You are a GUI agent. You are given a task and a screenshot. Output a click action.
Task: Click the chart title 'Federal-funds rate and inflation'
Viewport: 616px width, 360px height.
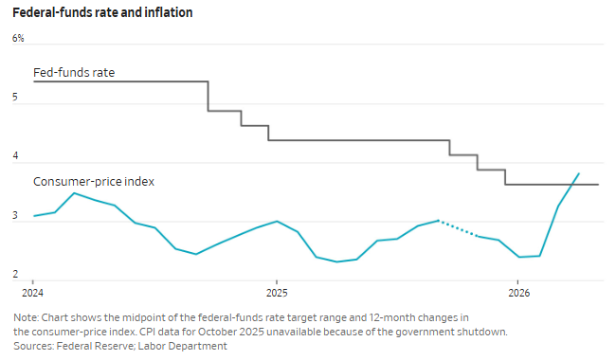pos(102,12)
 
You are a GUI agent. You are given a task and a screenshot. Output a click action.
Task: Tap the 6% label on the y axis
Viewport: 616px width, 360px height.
pos(18,38)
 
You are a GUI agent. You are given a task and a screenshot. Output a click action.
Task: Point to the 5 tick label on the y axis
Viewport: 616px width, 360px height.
pos(15,97)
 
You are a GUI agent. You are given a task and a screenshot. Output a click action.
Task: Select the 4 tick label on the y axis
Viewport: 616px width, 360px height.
pos(15,156)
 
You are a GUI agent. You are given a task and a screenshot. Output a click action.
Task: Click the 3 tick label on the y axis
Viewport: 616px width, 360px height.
pos(15,215)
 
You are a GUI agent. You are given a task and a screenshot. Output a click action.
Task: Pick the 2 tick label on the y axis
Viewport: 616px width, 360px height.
pos(15,274)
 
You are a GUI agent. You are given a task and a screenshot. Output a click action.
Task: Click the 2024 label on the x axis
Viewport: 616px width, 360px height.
pos(32,293)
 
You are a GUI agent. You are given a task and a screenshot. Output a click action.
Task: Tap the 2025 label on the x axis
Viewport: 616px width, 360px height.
pos(277,293)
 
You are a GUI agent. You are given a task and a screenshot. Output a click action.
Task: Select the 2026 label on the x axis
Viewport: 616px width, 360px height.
pos(519,293)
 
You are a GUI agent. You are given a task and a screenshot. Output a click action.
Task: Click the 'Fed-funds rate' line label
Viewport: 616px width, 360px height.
pos(74,73)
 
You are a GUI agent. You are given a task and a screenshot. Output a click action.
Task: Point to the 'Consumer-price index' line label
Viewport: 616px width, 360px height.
pos(94,181)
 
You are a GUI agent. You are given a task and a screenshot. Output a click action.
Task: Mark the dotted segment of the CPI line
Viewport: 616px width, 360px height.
pos(458,228)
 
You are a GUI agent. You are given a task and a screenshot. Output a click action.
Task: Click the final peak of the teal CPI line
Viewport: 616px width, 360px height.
pos(579,173)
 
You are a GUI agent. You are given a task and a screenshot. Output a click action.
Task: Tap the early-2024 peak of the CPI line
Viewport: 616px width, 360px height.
pos(74,193)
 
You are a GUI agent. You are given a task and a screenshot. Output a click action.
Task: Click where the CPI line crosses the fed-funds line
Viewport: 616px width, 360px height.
pos(572,184)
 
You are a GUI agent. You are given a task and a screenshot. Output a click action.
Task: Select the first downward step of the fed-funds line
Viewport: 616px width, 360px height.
pos(208,97)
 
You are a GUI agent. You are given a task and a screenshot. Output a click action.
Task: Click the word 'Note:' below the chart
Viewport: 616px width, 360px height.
pos(26,317)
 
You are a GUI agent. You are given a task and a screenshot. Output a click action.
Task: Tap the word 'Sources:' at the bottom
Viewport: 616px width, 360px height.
pos(33,346)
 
